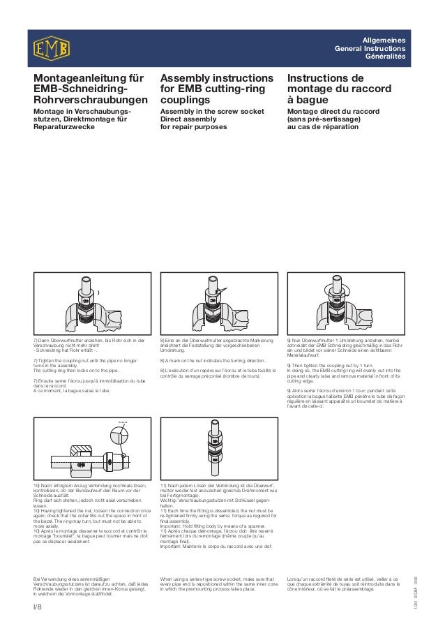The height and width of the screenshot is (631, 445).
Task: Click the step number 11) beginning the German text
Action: pos(165,484)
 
